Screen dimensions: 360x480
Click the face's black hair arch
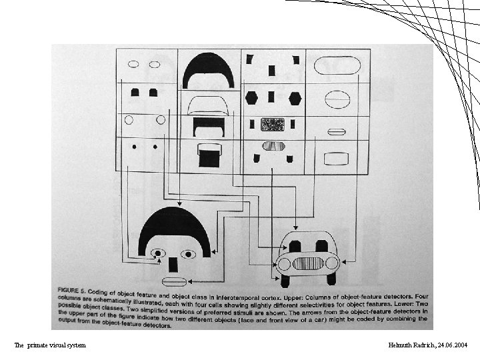[174, 220]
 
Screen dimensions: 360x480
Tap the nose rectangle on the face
[173, 262]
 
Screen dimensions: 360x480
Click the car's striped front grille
[308, 262]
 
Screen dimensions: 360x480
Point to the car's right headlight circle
[331, 263]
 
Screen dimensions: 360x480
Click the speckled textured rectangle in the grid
[272, 124]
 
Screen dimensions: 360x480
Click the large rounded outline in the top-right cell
[337, 65]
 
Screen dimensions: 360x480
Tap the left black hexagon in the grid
[251, 97]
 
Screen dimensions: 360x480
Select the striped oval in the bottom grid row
[273, 146]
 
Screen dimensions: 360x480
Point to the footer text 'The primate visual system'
[50, 345]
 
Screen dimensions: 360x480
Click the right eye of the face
[188, 253]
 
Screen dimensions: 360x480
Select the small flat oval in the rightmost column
[337, 131]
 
